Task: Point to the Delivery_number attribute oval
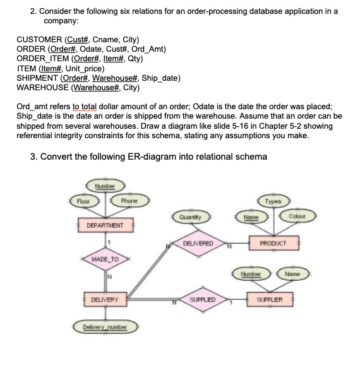pos(102,326)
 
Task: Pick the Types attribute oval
pos(273,201)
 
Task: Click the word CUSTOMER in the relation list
pos(39,38)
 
